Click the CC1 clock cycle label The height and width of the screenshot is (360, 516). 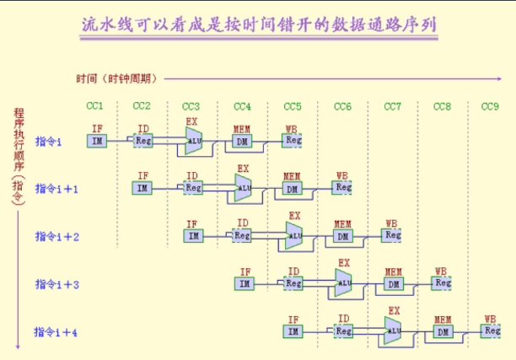(x=95, y=105)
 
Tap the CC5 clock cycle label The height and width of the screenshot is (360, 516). (x=292, y=106)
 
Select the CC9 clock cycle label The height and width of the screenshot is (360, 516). (x=490, y=106)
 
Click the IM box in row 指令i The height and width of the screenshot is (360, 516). (x=97, y=141)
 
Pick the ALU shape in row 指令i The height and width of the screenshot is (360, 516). (x=196, y=141)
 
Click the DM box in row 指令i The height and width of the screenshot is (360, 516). (x=242, y=142)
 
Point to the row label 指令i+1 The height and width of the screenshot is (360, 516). (x=57, y=189)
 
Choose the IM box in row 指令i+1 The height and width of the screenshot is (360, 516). (x=143, y=188)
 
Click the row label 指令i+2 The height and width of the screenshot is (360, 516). (x=57, y=237)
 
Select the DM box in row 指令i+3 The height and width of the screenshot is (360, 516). (x=393, y=284)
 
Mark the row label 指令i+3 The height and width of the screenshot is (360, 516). (x=57, y=285)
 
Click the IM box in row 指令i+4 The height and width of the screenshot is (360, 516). (x=293, y=331)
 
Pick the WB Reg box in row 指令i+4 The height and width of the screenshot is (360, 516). (x=492, y=330)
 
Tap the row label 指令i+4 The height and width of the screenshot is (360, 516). (x=56, y=332)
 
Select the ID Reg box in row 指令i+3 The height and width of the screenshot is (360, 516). (x=293, y=283)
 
